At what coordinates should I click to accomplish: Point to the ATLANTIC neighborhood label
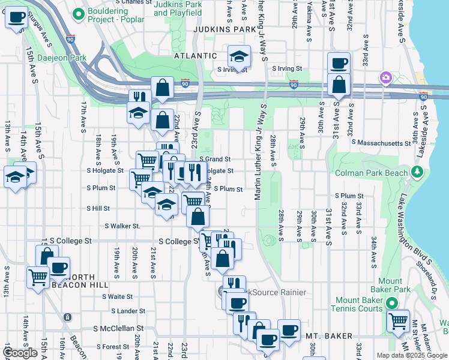pyautogui.click(x=195, y=55)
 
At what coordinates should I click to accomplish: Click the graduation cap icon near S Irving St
pyautogui.click(x=239, y=57)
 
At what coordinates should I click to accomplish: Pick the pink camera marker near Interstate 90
pyautogui.click(x=385, y=77)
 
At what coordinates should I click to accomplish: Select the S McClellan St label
pyautogui.click(x=119, y=328)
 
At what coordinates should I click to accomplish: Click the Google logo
pyautogui.click(x=20, y=353)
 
